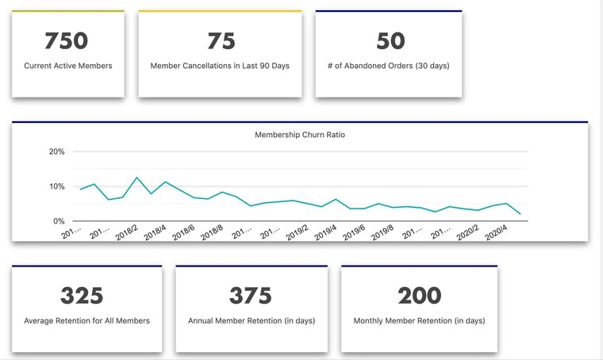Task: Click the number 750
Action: [x=67, y=40]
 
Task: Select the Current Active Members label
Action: [x=67, y=66]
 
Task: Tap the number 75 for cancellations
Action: [x=221, y=40]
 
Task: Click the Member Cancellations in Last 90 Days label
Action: [x=220, y=66]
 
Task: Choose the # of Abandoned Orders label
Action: [x=388, y=66]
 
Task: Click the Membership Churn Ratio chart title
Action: [x=300, y=135]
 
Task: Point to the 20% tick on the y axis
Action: [x=57, y=151]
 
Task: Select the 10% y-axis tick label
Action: [x=57, y=186]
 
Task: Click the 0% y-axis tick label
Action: [x=60, y=220]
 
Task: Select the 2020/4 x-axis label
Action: [x=497, y=232]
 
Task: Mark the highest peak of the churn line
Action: [x=136, y=178]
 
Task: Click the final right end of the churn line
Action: [x=520, y=214]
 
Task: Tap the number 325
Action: [x=83, y=296]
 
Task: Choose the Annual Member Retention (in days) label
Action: [x=251, y=321]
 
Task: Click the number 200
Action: [x=419, y=296]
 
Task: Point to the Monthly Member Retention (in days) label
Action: [x=419, y=321]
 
